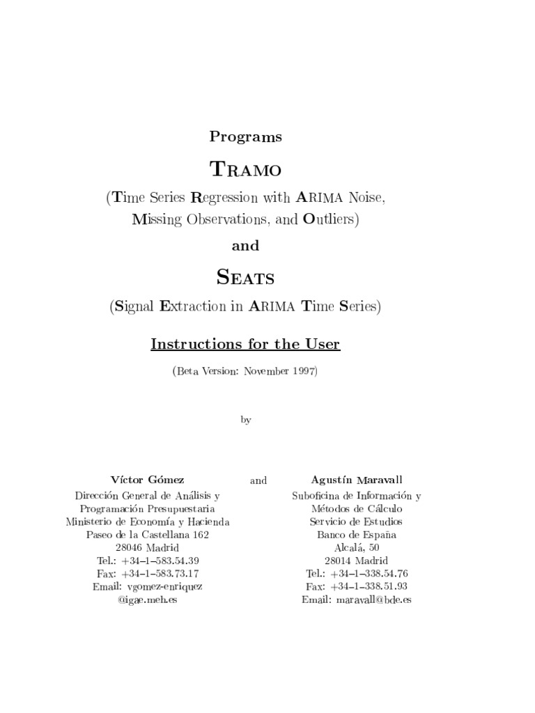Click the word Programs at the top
(245, 137)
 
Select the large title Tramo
(245, 169)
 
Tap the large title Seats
(245, 278)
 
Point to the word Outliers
(329, 219)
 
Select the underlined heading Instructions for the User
(245, 344)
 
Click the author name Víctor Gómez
(148, 480)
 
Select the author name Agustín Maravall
(356, 480)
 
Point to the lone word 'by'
(245, 420)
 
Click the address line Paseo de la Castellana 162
(147, 535)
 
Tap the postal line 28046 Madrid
(147, 548)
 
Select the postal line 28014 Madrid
(356, 561)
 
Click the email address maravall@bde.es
(373, 600)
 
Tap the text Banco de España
(356, 535)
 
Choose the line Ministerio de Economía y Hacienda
(148, 522)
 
